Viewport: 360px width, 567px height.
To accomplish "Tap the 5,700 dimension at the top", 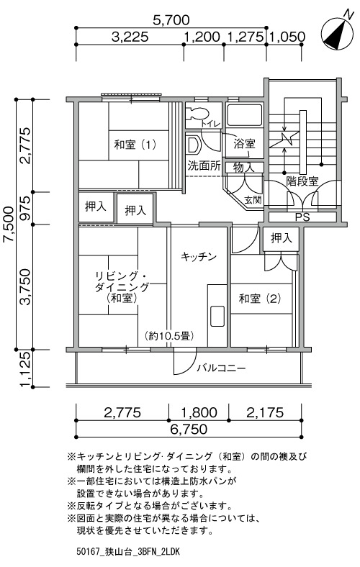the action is (171, 20).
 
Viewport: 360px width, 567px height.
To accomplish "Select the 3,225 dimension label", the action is (130, 37).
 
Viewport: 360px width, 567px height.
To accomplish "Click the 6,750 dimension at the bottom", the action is (189, 430).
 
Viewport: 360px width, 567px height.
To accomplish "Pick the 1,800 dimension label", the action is (199, 412).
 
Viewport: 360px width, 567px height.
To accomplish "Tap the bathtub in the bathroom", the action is (244, 115).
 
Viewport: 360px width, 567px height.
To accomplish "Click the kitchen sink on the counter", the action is (217, 317).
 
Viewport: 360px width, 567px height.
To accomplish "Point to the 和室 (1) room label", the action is (135, 145).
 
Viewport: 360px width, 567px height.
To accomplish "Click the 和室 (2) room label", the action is (260, 299).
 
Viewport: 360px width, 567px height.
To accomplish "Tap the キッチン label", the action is (198, 257).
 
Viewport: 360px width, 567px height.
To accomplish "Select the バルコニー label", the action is (222, 368).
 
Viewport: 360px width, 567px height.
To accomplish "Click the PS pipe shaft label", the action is (302, 217).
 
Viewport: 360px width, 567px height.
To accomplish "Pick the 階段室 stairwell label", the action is (302, 181).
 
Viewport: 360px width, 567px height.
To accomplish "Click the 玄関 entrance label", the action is (253, 199).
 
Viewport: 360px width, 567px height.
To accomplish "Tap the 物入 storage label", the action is (243, 168).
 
